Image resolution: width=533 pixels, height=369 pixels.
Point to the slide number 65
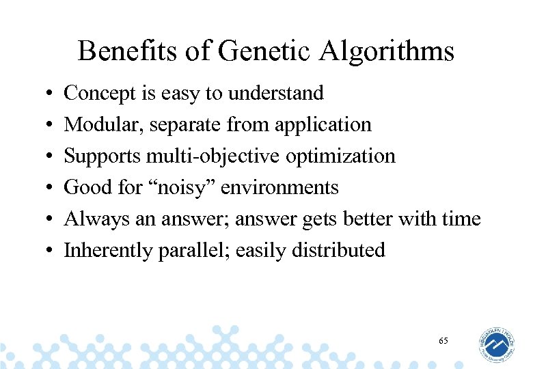tap(443, 340)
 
